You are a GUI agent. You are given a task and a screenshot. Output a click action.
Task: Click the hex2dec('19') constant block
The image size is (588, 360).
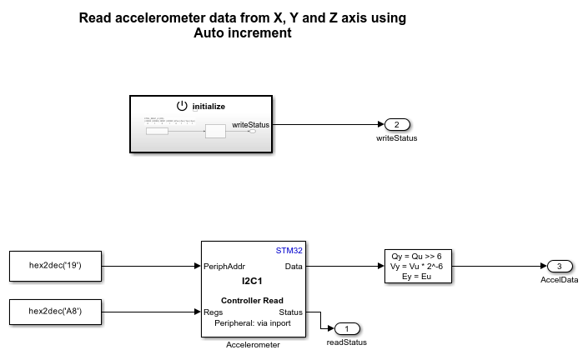55,266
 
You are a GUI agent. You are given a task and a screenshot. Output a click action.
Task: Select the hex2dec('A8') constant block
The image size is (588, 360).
55,312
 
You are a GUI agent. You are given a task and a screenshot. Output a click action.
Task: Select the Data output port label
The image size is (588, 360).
294,267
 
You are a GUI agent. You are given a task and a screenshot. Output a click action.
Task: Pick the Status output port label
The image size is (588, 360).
290,312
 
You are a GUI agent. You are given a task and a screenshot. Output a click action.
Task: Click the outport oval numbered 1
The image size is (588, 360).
346,328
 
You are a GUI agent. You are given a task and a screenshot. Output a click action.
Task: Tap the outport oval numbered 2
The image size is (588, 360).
397,125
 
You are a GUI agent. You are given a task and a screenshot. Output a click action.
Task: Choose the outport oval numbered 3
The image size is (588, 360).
559,267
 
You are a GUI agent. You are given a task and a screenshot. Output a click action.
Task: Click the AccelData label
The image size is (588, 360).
559,281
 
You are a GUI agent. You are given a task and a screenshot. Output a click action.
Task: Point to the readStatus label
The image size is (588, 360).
346,342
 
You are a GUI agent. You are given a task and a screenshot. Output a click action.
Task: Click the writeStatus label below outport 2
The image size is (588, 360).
397,138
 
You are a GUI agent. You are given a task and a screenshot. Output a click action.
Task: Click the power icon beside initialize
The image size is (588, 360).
183,106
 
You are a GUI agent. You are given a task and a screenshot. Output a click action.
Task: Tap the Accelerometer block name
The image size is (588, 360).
253,344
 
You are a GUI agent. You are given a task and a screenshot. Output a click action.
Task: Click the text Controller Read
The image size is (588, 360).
253,300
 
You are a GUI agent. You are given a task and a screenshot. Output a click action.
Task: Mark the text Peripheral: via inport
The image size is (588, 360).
253,322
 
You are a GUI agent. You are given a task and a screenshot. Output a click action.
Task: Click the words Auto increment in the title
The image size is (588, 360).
243,33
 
